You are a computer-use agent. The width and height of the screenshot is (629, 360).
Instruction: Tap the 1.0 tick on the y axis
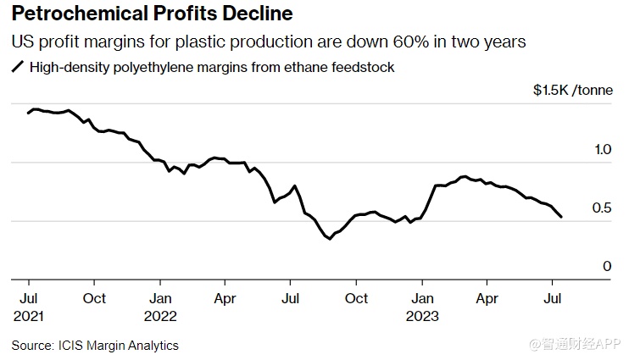603,150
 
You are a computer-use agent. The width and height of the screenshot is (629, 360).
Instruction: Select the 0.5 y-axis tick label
603,208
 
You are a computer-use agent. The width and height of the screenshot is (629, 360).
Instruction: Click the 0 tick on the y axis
607,267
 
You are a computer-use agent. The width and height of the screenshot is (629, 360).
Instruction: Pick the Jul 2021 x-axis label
29,307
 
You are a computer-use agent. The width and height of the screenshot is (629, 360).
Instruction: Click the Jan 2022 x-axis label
160,307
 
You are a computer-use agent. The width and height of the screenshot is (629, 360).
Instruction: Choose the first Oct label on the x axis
94,298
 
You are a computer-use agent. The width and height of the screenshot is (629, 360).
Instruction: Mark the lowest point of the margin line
329,239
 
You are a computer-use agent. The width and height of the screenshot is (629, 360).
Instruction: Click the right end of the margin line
561,217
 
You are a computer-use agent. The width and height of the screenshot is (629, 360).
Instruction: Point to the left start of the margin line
28,113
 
